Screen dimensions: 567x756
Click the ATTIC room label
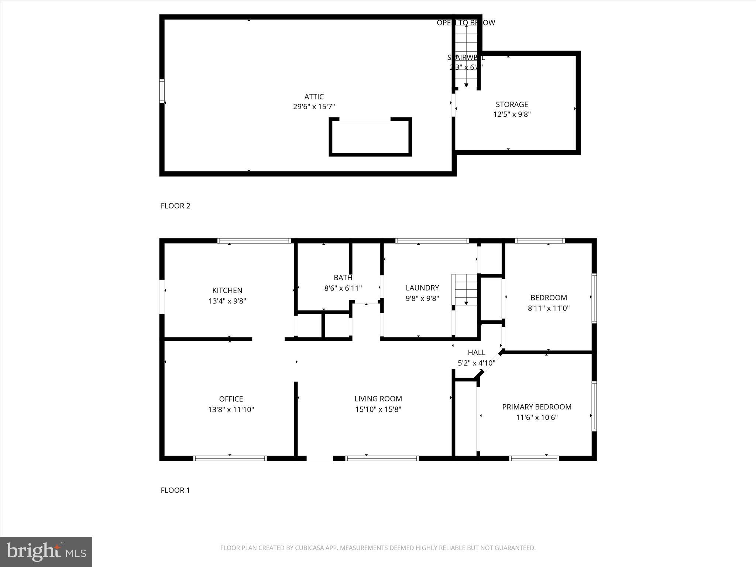[x=314, y=97]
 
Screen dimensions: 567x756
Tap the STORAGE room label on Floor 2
[x=512, y=104]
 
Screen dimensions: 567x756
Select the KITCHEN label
[x=227, y=291]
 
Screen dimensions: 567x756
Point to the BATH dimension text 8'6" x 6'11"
[x=343, y=288]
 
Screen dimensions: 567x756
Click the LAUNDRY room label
[x=422, y=288]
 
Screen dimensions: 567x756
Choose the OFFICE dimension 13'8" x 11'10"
[x=231, y=409]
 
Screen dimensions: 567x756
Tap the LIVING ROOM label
[x=378, y=399]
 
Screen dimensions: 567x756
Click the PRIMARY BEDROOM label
[x=537, y=407]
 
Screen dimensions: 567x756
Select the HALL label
[x=477, y=353]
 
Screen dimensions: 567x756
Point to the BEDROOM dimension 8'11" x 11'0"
[x=549, y=308]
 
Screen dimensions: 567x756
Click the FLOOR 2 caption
[x=175, y=206]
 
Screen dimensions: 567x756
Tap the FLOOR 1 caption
[x=175, y=490]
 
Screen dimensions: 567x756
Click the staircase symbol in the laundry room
[x=466, y=289]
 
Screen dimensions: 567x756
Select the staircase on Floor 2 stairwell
[x=466, y=55]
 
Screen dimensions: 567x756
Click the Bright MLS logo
[x=46, y=551]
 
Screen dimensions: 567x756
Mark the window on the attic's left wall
[x=162, y=91]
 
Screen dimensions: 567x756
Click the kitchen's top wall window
[x=254, y=241]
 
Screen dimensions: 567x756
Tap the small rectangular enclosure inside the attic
[x=370, y=137]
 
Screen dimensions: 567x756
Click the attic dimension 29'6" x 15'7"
[x=314, y=107]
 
